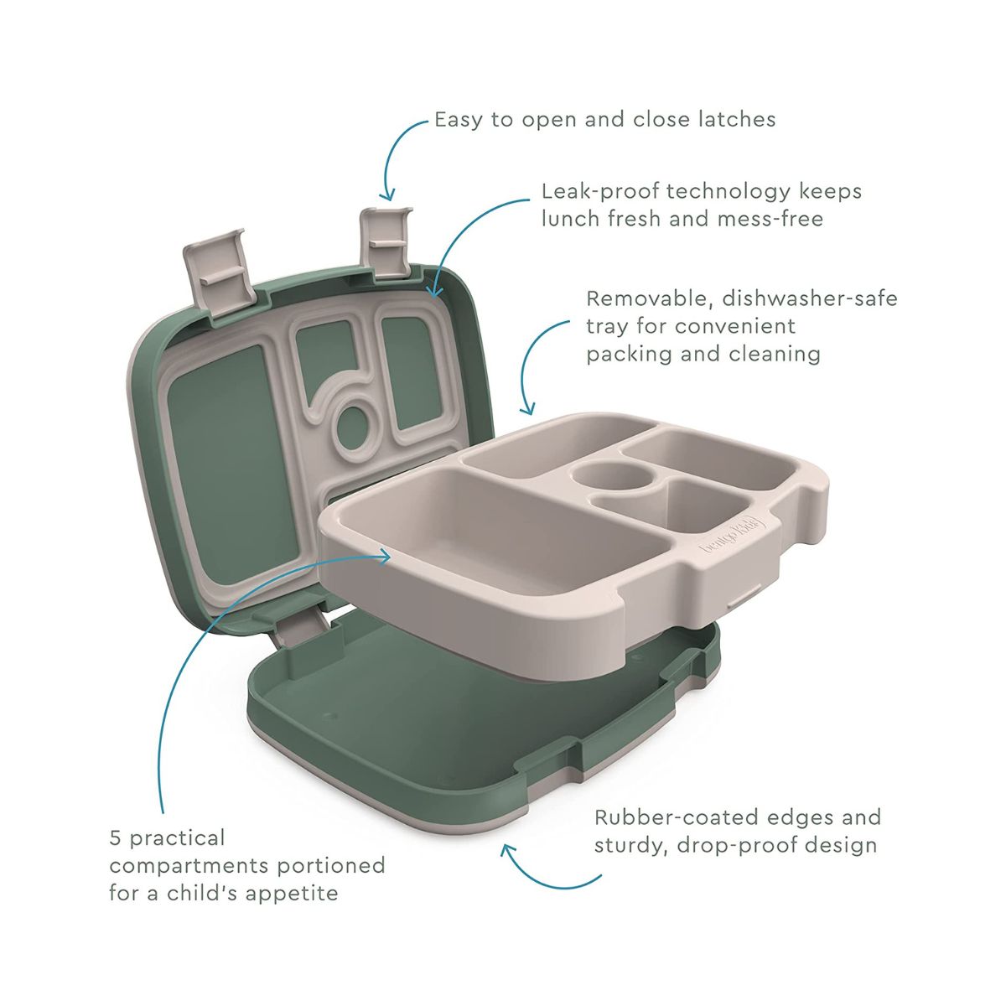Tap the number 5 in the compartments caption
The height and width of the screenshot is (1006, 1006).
(x=116, y=837)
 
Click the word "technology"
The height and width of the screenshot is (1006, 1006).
(x=729, y=193)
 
